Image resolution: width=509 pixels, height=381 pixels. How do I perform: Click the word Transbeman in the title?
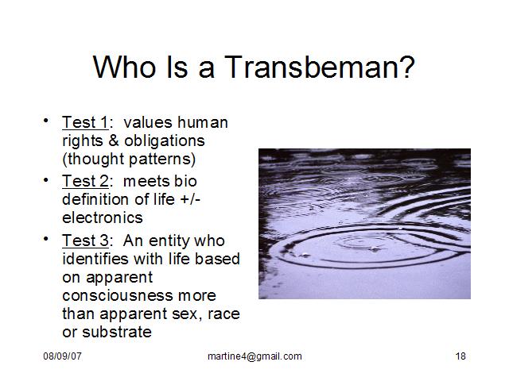[x=319, y=67]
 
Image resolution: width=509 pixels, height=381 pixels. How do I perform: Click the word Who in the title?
[x=124, y=67]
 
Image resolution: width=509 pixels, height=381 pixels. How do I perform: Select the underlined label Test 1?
[x=85, y=122]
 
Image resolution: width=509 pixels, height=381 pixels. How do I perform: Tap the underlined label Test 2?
[x=85, y=181]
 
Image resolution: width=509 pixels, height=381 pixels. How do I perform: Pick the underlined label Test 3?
[x=85, y=241]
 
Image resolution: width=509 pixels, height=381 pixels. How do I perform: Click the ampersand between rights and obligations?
[x=114, y=140]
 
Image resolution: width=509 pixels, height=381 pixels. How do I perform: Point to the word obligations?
[x=165, y=141]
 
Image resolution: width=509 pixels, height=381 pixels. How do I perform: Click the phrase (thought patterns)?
[x=129, y=159]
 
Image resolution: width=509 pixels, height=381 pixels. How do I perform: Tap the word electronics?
[x=103, y=217]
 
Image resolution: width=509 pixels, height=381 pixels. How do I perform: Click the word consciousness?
[x=118, y=296]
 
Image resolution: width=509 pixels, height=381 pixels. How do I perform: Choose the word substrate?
[x=117, y=333]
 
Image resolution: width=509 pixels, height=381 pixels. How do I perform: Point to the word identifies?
[x=95, y=259]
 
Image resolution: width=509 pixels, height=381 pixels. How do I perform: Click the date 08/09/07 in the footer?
[x=62, y=356]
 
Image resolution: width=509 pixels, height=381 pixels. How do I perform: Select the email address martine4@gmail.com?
[x=254, y=356]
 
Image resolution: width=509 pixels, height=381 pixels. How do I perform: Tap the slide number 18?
[x=460, y=356]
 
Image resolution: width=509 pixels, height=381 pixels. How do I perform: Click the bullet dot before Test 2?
[x=46, y=179]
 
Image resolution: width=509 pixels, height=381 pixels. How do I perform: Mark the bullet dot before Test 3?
[x=46, y=239]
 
